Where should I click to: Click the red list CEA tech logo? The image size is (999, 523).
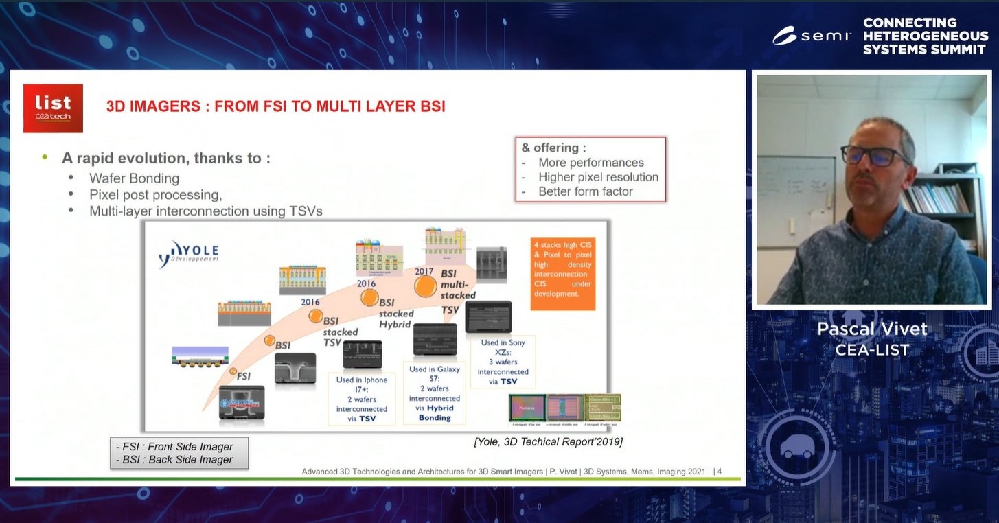point(53,108)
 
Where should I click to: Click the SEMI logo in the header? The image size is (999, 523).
point(812,36)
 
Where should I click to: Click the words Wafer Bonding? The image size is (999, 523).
point(134,178)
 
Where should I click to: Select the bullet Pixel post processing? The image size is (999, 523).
point(155,195)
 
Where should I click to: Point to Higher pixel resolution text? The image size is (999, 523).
point(598,177)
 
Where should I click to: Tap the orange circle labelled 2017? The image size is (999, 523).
point(425,287)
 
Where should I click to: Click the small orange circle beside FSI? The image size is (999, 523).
point(233,371)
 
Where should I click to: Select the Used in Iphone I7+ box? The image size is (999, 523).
point(361,399)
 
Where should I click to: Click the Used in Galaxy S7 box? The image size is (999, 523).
point(435,393)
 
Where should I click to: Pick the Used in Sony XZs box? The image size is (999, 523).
point(503,362)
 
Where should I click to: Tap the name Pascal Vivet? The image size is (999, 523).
point(872,329)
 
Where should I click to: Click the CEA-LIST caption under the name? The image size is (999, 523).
point(872,350)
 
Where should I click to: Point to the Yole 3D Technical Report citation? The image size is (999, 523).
point(548,442)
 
